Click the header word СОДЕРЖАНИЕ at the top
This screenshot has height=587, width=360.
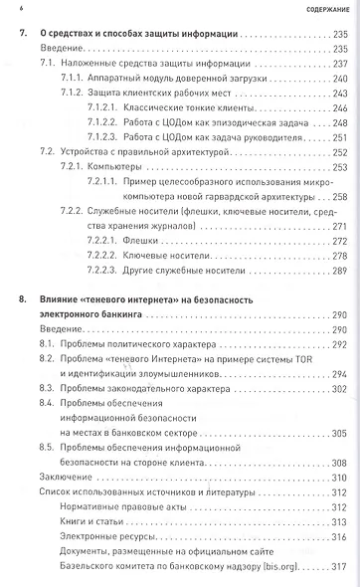click(x=325, y=9)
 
